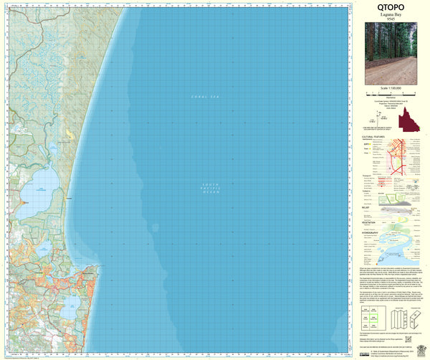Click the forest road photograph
[391, 53]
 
